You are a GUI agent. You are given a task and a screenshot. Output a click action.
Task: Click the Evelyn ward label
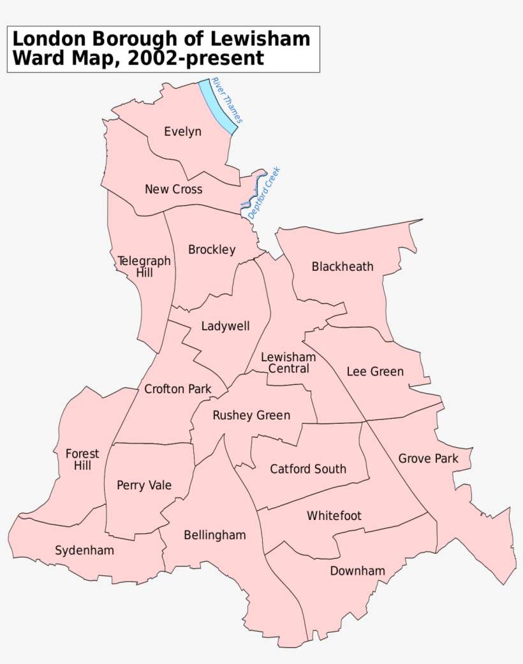(182, 132)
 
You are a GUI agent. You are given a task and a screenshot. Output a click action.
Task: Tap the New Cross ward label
(173, 189)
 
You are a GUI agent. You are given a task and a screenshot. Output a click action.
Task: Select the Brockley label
(212, 250)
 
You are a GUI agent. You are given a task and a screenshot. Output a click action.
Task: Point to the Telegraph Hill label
(144, 266)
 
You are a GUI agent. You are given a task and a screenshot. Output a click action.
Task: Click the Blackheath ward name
(343, 266)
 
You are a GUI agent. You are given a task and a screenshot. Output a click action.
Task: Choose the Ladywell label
(225, 326)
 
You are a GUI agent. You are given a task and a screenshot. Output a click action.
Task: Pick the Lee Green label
(375, 372)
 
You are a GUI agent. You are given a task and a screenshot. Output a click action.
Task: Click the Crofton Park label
(178, 389)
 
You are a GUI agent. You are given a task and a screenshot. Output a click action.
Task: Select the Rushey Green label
(251, 415)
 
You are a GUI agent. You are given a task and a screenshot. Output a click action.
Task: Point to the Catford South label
(308, 469)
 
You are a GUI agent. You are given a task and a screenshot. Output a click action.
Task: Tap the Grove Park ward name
(429, 458)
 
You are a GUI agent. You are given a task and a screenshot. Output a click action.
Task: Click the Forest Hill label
(82, 459)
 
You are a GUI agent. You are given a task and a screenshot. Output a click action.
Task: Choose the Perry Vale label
(144, 485)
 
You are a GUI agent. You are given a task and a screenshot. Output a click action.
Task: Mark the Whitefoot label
(334, 515)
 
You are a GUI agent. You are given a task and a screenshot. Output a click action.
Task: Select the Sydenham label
(85, 550)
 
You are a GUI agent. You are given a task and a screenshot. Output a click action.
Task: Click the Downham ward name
(357, 571)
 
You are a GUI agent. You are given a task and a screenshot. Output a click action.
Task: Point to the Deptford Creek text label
(264, 193)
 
